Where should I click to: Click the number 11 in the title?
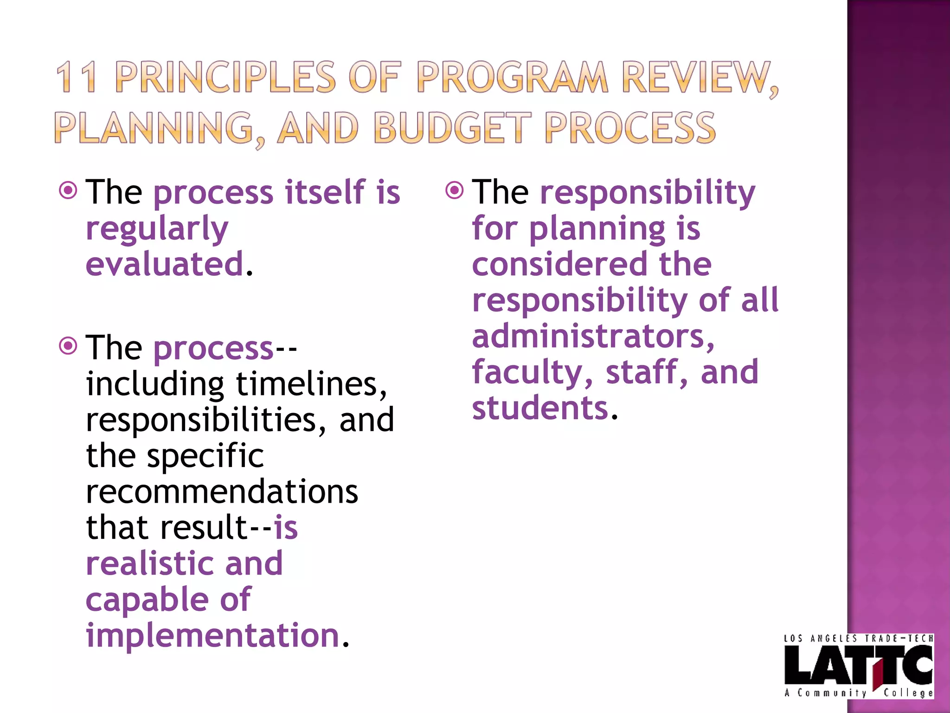pos(77,77)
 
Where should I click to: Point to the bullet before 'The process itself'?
pos(68,190)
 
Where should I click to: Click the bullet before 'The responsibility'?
pos(455,190)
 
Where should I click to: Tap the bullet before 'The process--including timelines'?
pos(68,346)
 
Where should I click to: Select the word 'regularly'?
pos(157,229)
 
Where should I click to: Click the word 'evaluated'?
pos(165,264)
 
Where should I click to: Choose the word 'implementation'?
pos(212,635)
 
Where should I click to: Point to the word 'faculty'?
pos(526,373)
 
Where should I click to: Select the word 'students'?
pos(539,408)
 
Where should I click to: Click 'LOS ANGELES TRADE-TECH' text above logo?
pos(858,639)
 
